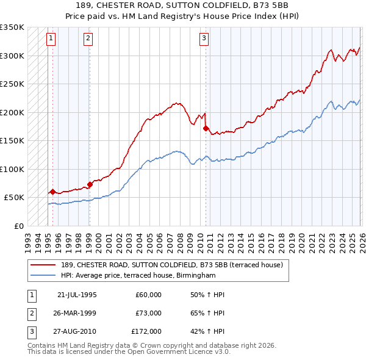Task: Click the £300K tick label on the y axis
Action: click(x=12, y=56)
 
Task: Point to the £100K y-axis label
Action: click(x=12, y=169)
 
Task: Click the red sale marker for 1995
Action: click(x=52, y=192)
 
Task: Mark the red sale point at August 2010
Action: click(x=206, y=128)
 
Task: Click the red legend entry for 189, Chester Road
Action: click(x=171, y=265)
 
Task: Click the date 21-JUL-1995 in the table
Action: click(x=77, y=295)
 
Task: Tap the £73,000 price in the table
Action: click(x=148, y=313)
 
